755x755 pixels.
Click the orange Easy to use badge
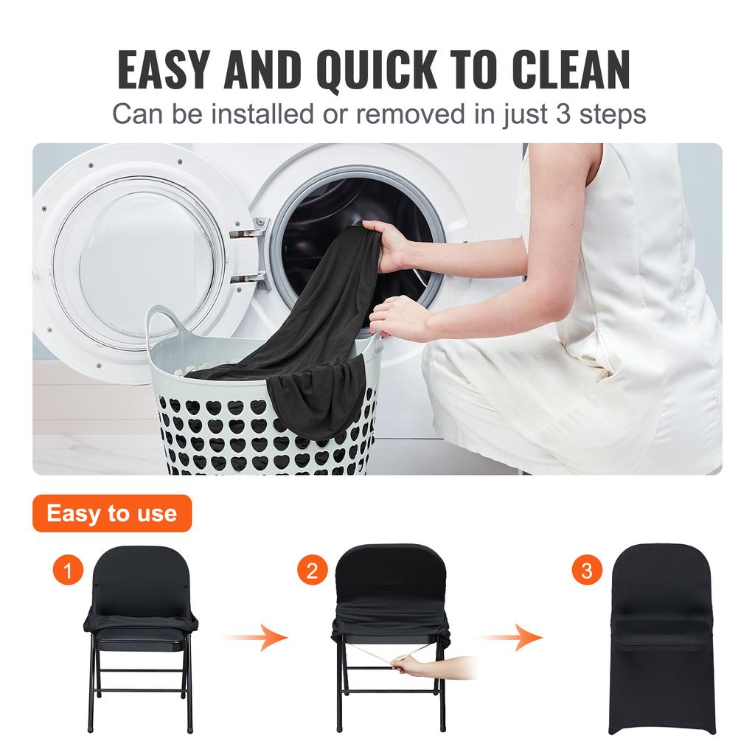[x=112, y=513]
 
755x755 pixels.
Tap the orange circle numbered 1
[x=69, y=571]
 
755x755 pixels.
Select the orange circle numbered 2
[x=312, y=571]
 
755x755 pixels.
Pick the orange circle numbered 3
[x=586, y=571]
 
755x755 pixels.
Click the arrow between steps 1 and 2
[x=256, y=636]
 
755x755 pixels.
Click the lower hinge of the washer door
[x=248, y=277]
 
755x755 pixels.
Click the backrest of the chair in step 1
[x=141, y=579]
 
